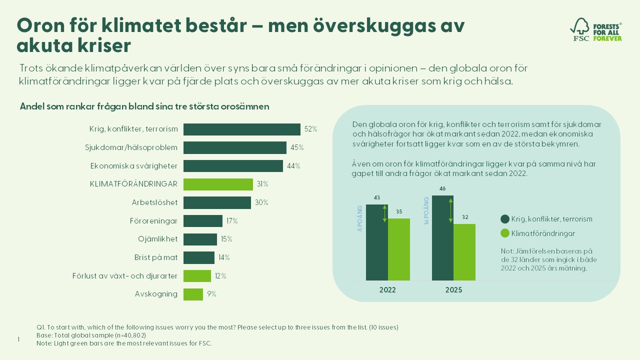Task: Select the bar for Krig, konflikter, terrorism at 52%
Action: (241, 129)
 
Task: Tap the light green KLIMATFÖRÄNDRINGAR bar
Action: (218, 184)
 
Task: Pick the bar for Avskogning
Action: (193, 294)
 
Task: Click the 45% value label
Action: (297, 147)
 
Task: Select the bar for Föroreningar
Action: (202, 221)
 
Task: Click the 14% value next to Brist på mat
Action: (223, 257)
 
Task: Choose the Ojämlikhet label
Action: (157, 239)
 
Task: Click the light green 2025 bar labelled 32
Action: (464, 252)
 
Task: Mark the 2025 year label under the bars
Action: (453, 290)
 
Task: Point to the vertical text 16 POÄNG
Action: (427, 210)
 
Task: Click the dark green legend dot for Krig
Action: (505, 219)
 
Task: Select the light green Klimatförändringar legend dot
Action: (505, 233)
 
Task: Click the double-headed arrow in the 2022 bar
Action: (384, 213)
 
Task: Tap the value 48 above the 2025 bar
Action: (443, 189)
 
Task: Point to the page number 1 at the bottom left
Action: (18, 339)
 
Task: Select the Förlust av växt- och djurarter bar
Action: (197, 276)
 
